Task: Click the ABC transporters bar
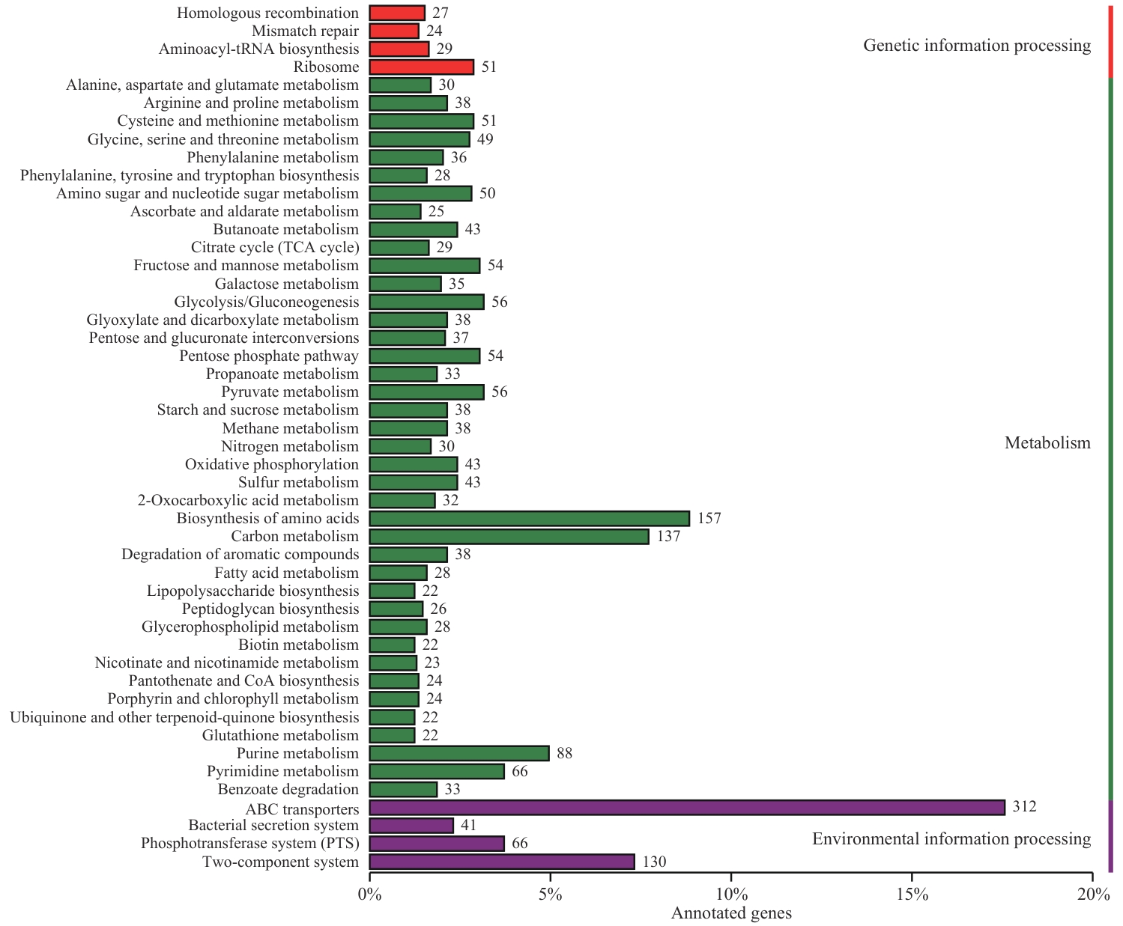(687, 807)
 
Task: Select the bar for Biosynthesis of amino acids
(529, 519)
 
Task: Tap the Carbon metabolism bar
(509, 537)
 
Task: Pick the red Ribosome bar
(421, 67)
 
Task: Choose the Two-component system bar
(502, 862)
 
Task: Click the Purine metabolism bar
(459, 753)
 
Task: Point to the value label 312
(1024, 807)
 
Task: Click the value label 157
(709, 519)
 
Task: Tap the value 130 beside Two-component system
(654, 862)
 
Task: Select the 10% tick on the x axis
(731, 895)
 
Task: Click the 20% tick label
(1093, 895)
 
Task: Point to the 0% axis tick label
(369, 895)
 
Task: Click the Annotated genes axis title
(731, 913)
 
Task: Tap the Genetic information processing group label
(977, 46)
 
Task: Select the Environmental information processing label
(951, 839)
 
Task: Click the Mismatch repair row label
(305, 31)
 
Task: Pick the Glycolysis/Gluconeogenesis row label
(267, 302)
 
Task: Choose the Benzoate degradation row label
(288, 790)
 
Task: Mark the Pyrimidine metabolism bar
(437, 771)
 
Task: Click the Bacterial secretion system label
(273, 826)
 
